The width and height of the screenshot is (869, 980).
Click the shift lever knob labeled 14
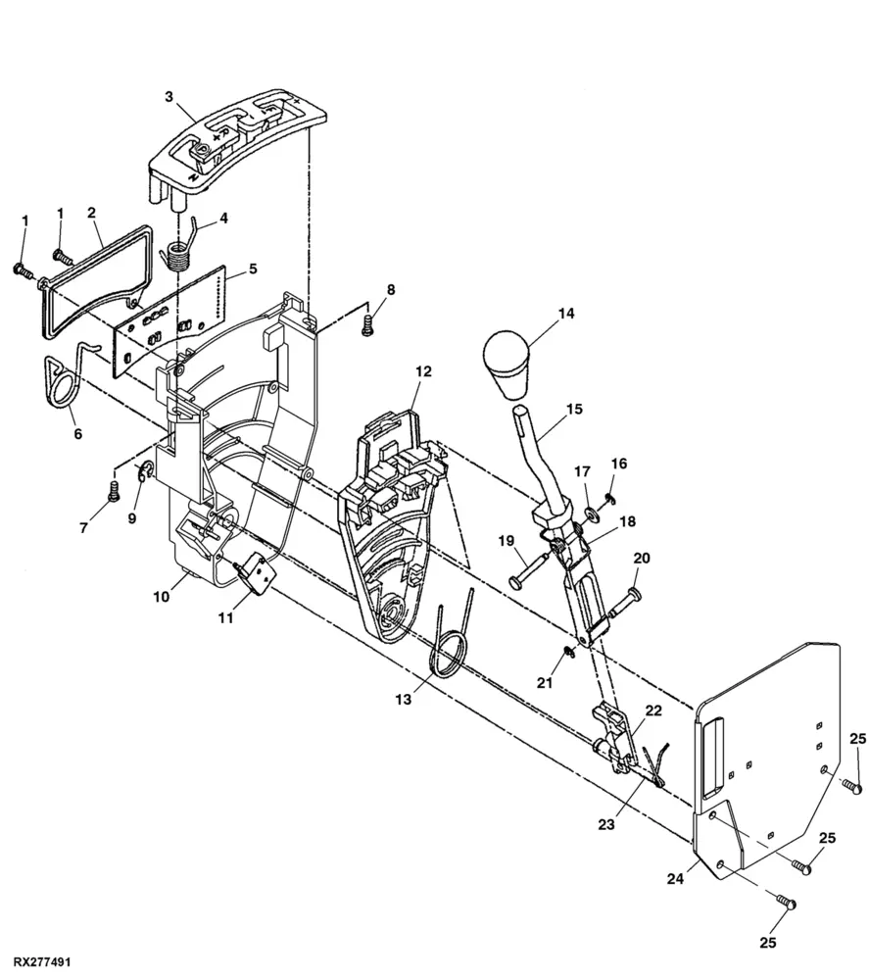[507, 364]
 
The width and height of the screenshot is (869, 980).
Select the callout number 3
[169, 97]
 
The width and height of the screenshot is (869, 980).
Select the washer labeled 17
[591, 514]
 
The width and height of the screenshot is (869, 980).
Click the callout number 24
[675, 879]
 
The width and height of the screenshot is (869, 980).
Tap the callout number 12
[423, 371]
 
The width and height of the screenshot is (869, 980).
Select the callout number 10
[162, 597]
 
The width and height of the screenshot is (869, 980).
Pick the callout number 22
[653, 710]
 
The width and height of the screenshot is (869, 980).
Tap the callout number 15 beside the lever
[574, 409]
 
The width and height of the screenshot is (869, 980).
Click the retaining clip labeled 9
[144, 471]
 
